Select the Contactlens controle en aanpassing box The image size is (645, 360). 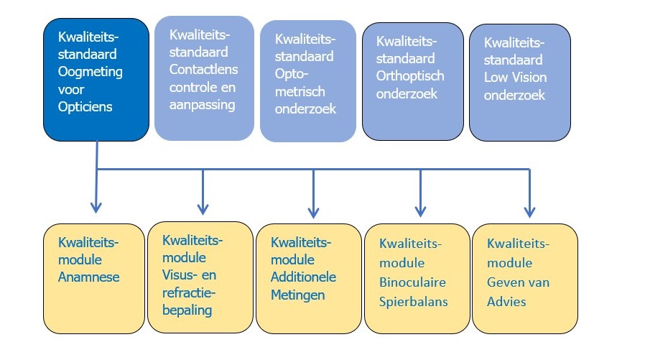(204, 78)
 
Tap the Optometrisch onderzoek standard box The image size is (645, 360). (308, 80)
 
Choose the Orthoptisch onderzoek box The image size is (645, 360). (412, 81)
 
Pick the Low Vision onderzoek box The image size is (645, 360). (520, 82)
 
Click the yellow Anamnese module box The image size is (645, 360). (93, 278)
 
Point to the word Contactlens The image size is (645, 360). (203, 70)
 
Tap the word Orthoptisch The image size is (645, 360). (410, 75)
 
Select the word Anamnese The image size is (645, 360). (90, 276)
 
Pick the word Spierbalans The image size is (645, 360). (413, 300)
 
